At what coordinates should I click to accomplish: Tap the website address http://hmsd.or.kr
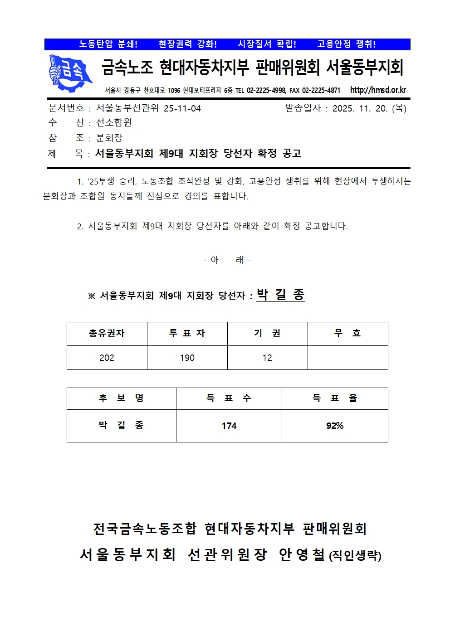tap(378, 90)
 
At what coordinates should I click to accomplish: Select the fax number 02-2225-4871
tap(321, 91)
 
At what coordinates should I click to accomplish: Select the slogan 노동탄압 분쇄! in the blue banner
tap(108, 44)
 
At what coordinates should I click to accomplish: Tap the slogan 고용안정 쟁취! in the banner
tap(346, 44)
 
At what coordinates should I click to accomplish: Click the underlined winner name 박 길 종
tap(280, 295)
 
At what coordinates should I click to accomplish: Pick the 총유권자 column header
tap(107, 334)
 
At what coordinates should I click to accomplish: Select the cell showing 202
tap(107, 358)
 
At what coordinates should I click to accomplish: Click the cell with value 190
tap(187, 358)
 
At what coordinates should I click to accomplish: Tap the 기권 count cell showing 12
tap(267, 358)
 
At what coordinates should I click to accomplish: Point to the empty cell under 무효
tap(347, 358)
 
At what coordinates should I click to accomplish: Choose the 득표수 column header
tap(229, 398)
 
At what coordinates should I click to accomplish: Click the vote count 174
tap(229, 426)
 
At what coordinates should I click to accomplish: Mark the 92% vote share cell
tap(335, 426)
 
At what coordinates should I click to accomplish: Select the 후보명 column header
tap(121, 398)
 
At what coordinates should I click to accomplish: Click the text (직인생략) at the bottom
tap(355, 556)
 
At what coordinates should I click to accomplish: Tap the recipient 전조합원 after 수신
tap(114, 123)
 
